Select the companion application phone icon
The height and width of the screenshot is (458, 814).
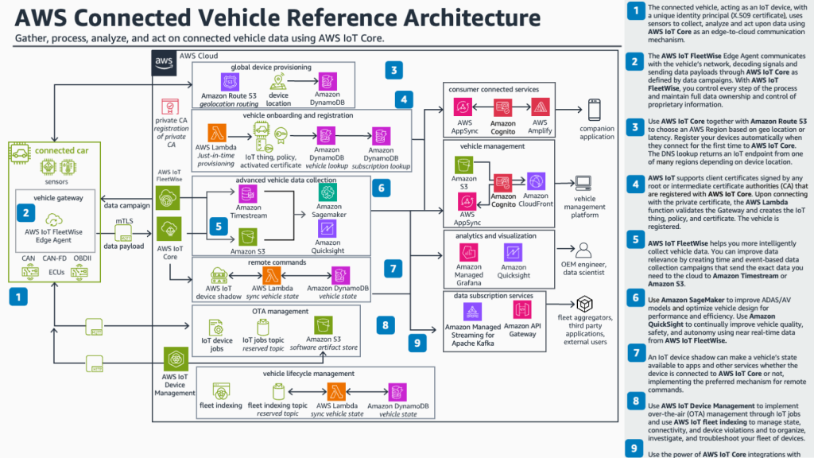click(x=595, y=111)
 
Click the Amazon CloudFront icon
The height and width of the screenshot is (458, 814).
click(x=536, y=181)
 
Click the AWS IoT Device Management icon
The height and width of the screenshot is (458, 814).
click(x=174, y=359)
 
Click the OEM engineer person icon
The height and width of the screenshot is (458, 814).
click(x=584, y=252)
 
